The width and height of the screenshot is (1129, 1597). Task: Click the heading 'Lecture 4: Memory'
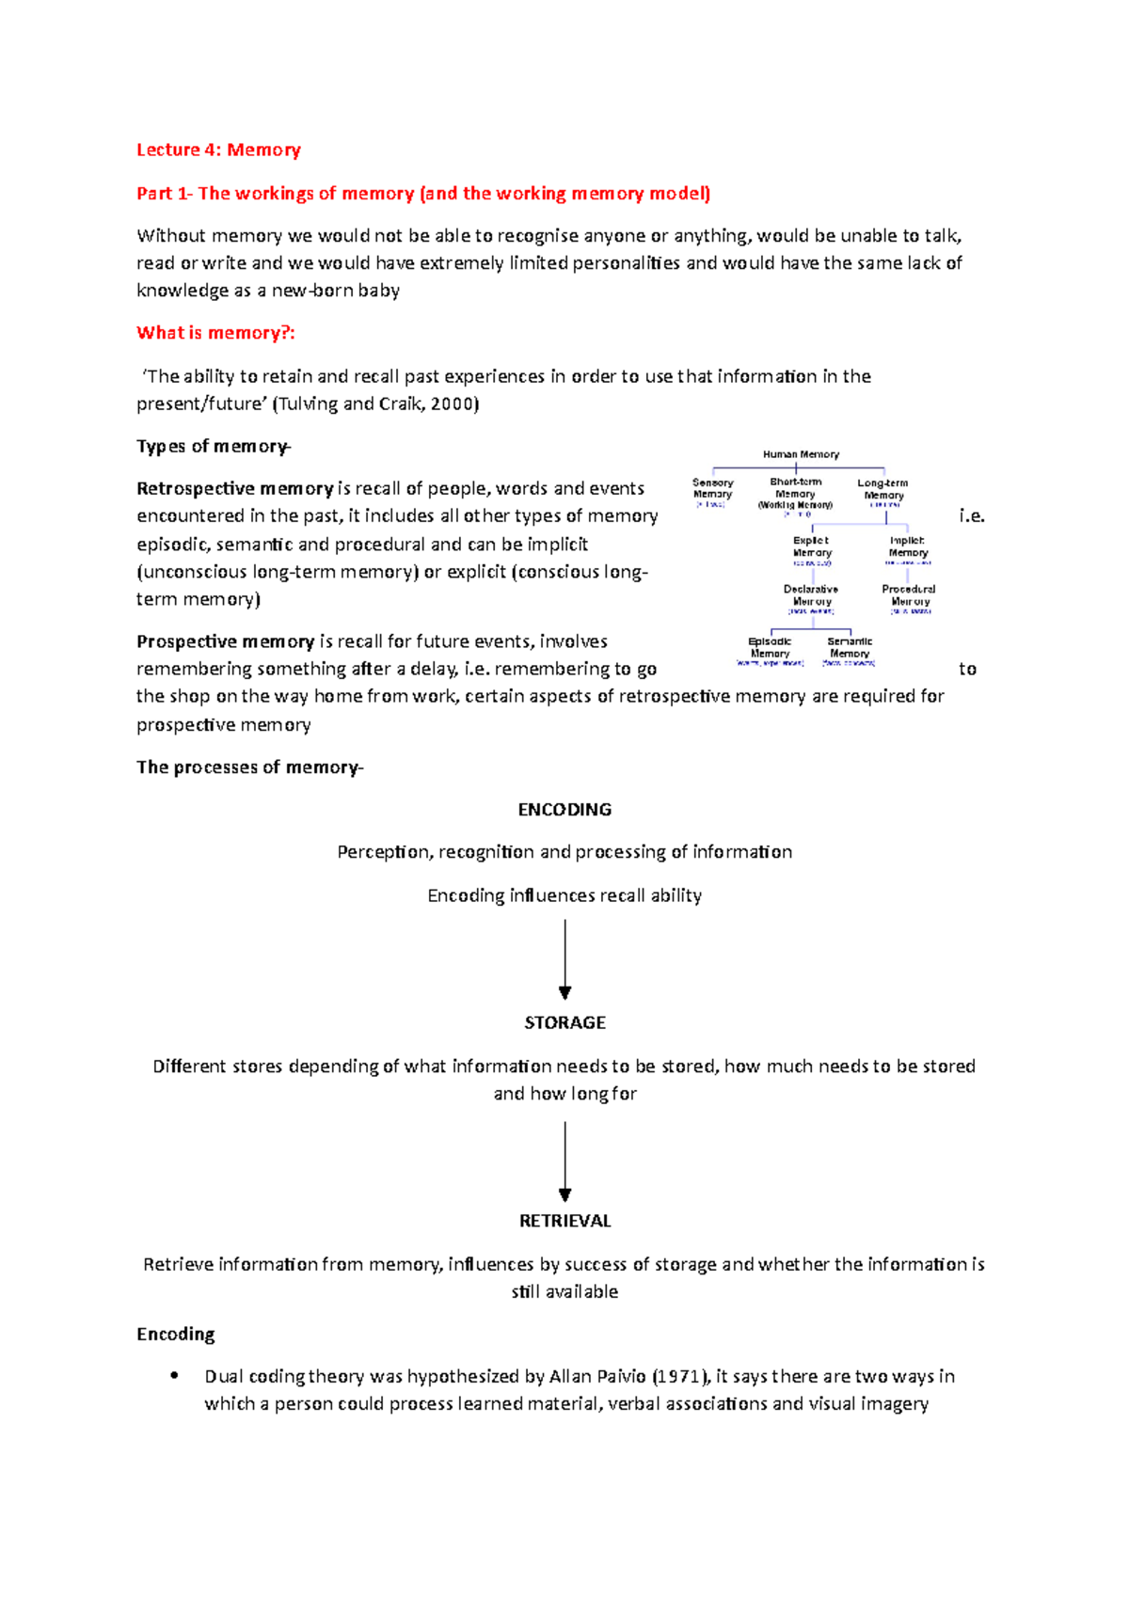(x=218, y=150)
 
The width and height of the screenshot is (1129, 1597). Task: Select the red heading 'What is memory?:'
(x=215, y=333)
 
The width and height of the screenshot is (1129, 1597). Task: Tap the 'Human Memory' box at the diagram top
(x=801, y=454)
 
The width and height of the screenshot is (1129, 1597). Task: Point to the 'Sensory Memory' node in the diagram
(x=712, y=489)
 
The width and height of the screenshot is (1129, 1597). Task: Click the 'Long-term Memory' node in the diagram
(x=883, y=489)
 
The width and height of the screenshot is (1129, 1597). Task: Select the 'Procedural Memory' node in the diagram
(x=909, y=595)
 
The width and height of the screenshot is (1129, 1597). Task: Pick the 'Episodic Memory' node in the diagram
(x=770, y=648)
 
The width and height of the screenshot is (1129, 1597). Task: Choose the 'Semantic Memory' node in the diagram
(x=850, y=648)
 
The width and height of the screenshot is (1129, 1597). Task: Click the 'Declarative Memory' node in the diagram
(x=811, y=595)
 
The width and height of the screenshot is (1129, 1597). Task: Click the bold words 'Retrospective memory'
(x=234, y=489)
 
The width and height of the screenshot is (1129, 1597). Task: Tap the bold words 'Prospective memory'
(x=225, y=641)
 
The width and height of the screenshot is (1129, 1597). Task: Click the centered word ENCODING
(x=564, y=810)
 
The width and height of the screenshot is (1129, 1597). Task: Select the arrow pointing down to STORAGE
(x=564, y=959)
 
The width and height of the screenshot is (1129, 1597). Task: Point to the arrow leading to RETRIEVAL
(x=564, y=1162)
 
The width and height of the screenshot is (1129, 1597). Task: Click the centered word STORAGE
(x=564, y=1022)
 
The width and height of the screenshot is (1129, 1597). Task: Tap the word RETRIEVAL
(x=564, y=1221)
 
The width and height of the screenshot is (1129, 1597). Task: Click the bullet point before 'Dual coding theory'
(x=174, y=1376)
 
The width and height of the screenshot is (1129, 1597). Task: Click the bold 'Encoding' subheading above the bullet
(x=176, y=1335)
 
